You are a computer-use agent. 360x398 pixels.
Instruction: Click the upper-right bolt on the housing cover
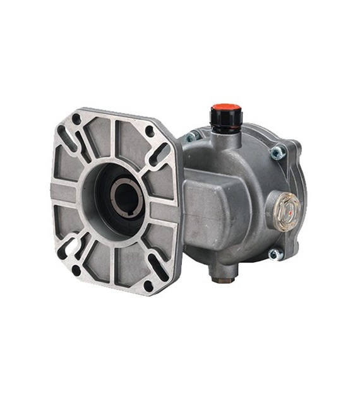pyautogui.click(x=276, y=152)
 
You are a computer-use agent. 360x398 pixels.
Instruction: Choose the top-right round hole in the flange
pyautogui.click(x=150, y=131)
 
